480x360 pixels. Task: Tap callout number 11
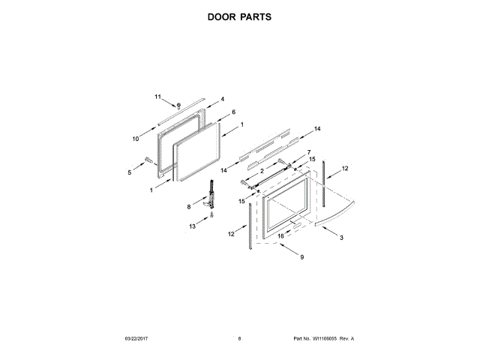click(x=157, y=97)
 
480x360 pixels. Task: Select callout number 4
click(x=222, y=99)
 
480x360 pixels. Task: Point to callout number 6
click(x=233, y=112)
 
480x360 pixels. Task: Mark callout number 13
click(x=192, y=226)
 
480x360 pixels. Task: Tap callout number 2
click(x=262, y=170)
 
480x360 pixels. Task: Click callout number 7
click(x=307, y=152)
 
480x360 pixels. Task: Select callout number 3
click(x=342, y=238)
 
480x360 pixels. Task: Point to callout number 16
click(x=281, y=235)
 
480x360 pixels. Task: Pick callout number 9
click(x=301, y=258)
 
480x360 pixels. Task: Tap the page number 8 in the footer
click(x=239, y=339)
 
